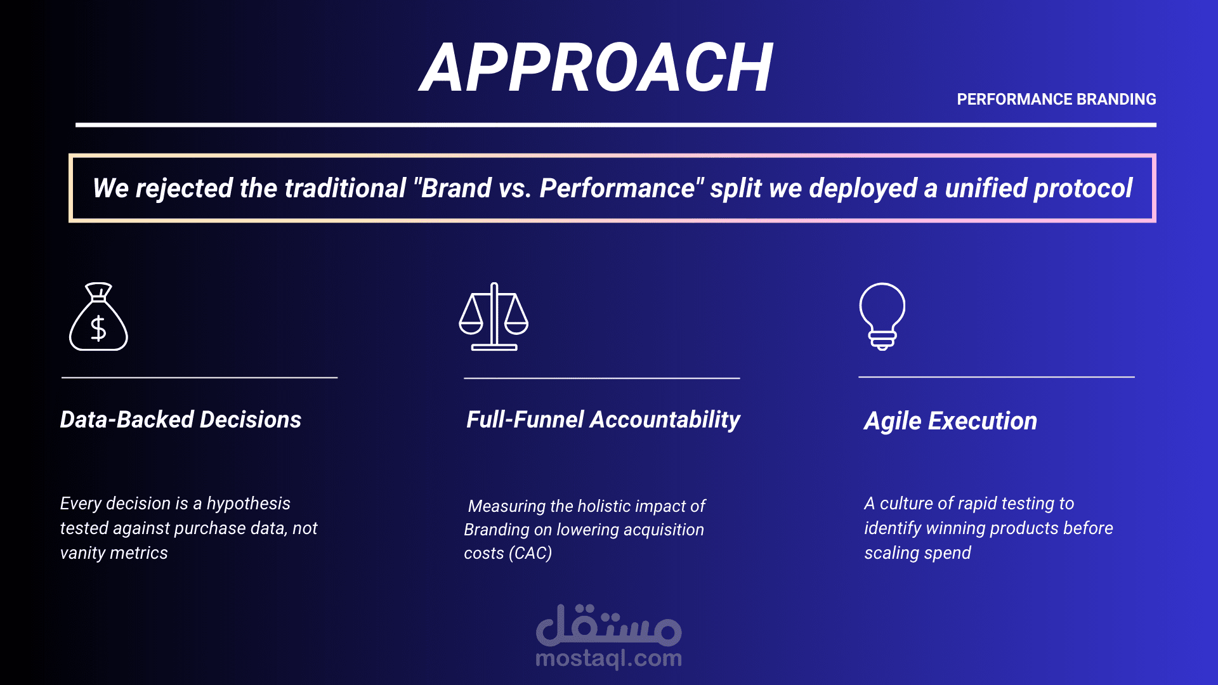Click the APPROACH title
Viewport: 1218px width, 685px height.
pyautogui.click(x=596, y=67)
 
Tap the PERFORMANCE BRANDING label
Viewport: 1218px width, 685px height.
pyautogui.click(x=1056, y=100)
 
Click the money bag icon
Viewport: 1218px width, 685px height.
pyautogui.click(x=98, y=316)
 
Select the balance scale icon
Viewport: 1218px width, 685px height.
pyautogui.click(x=494, y=316)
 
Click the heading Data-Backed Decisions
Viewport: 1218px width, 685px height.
pyautogui.click(x=181, y=420)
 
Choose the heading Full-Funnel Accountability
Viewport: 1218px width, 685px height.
pyautogui.click(x=603, y=421)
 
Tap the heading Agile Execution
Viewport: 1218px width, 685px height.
pyautogui.click(x=950, y=421)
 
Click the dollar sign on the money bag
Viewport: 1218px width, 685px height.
pyautogui.click(x=98, y=329)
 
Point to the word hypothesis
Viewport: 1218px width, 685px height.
pyautogui.click(x=249, y=504)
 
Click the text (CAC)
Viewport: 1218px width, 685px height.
pyautogui.click(x=530, y=553)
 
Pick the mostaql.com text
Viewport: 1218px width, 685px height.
pyautogui.click(x=609, y=659)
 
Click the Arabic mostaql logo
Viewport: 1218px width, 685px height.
pyautogui.click(x=609, y=625)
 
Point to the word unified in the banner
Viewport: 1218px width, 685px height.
pyautogui.click(x=985, y=188)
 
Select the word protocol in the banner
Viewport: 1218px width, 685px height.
pyautogui.click(x=1083, y=189)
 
